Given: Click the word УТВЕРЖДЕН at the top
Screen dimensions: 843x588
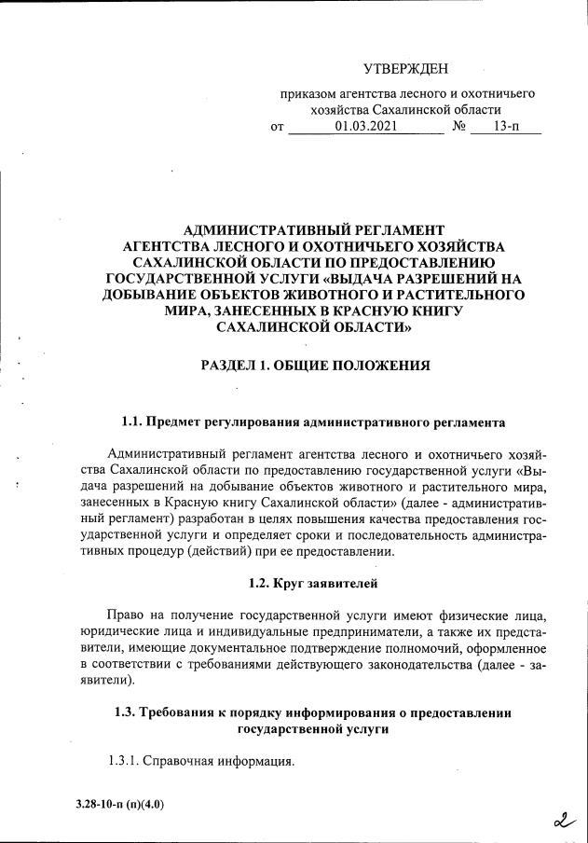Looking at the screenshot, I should (x=405, y=68).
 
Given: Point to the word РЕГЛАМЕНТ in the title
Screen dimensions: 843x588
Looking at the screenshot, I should (x=384, y=228).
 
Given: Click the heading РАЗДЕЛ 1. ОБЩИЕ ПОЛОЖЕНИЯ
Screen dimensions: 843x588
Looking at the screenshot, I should (x=315, y=366).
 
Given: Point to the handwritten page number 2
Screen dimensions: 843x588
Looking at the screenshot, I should (x=562, y=821).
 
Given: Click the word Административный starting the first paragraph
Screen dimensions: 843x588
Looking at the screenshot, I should (x=163, y=452).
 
